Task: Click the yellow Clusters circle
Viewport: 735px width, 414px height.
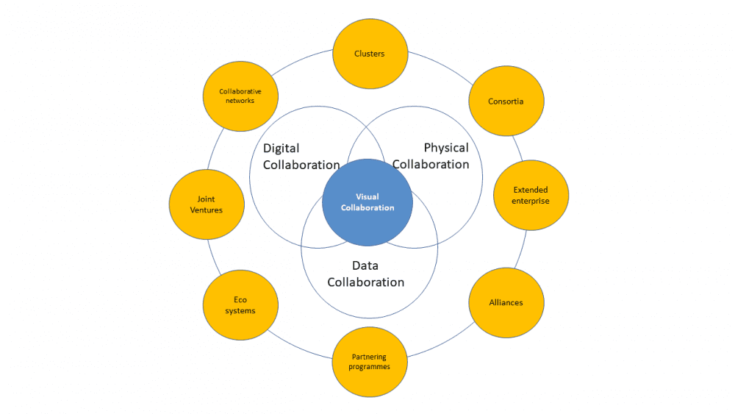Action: (369, 54)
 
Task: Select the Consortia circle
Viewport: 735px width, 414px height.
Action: (506, 101)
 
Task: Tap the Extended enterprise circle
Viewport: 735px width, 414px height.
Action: (531, 196)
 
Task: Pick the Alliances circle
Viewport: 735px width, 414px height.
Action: (506, 302)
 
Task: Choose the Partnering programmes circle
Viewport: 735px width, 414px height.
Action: (370, 361)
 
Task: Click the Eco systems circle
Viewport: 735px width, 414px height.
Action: (240, 305)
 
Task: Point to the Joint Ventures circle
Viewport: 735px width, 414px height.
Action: (206, 204)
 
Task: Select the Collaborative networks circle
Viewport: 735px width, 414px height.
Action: (240, 96)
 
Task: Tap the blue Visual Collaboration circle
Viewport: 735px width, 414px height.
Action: (367, 202)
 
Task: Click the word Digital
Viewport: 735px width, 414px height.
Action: (282, 149)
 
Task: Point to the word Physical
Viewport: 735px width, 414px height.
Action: (445, 148)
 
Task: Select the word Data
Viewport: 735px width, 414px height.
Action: (365, 265)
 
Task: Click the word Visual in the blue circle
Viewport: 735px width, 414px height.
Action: (367, 196)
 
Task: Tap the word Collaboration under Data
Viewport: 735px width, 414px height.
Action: (365, 282)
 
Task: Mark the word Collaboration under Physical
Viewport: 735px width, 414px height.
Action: (431, 165)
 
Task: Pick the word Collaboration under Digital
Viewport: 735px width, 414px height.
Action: (301, 165)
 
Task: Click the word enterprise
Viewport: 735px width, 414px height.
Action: (531, 201)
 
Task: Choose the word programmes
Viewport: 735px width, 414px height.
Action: (370, 366)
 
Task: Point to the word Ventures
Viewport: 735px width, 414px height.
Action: (206, 210)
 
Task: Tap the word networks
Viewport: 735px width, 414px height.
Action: (240, 101)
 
